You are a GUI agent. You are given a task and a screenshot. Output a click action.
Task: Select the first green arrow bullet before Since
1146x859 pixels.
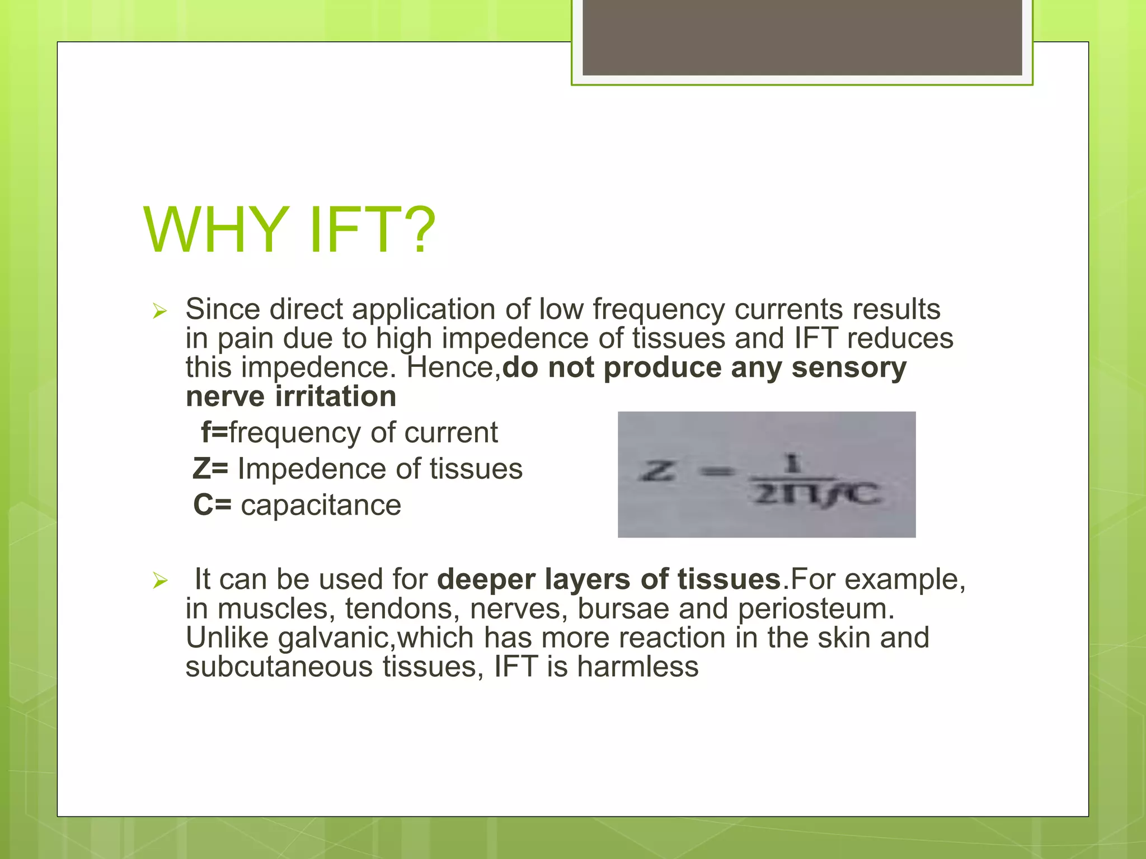(x=159, y=311)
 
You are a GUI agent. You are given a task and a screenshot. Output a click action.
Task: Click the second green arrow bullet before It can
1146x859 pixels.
(x=159, y=581)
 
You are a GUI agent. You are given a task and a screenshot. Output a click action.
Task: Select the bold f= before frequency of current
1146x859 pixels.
(x=214, y=432)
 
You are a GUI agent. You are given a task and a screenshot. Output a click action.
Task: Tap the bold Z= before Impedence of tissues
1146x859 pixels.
(x=210, y=469)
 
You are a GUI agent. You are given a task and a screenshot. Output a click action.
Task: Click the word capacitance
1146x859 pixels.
(x=321, y=505)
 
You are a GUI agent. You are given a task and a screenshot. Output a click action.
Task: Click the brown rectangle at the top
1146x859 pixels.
(x=802, y=37)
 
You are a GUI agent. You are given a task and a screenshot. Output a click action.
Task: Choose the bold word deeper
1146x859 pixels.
(x=486, y=579)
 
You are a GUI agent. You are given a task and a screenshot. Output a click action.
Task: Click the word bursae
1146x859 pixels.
(x=623, y=608)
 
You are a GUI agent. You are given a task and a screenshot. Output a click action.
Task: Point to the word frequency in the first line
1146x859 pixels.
(x=658, y=310)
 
